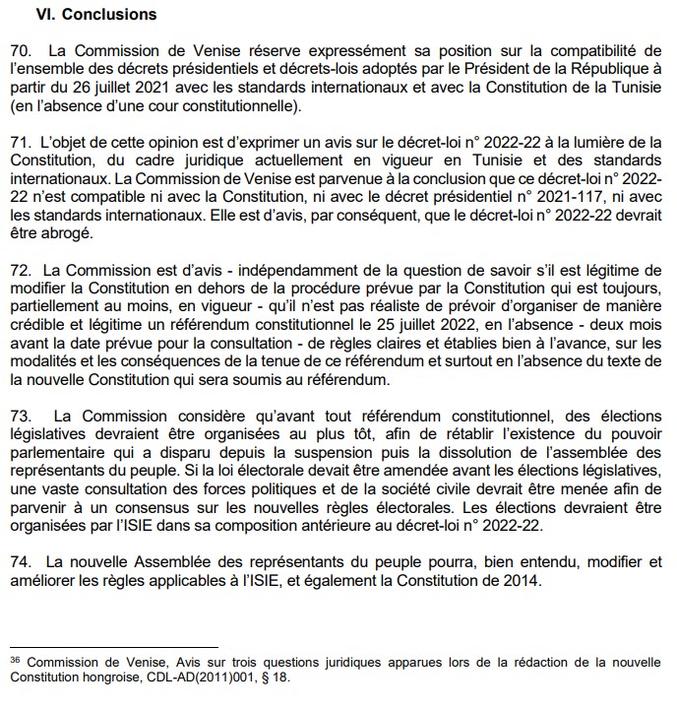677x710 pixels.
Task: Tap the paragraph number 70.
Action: point(20,48)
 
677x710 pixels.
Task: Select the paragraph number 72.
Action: point(20,269)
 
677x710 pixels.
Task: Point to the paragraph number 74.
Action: point(20,561)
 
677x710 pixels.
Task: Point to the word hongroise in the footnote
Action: point(124,678)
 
